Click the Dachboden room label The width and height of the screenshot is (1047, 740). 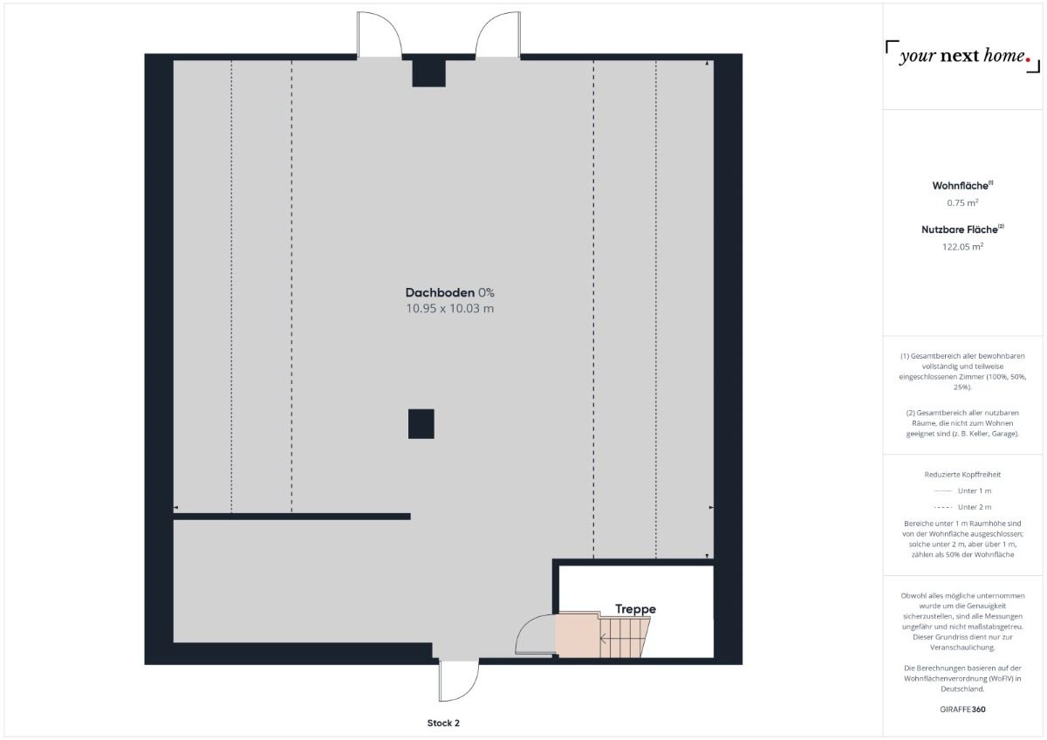coord(440,292)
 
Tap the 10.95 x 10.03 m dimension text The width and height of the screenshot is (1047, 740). coord(450,309)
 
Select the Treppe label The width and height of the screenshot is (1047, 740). coord(635,609)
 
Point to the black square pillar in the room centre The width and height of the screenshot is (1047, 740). coord(421,423)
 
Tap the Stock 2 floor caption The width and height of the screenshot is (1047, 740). coord(443,723)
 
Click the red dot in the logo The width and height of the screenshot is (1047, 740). coord(1029,61)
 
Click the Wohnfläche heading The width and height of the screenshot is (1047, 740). coord(961,186)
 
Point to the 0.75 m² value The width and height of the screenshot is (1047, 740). coord(961,202)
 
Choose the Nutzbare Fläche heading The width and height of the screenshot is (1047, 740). coord(961,230)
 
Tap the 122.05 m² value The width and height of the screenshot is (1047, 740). coord(961,246)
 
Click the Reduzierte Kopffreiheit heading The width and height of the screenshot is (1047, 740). coord(961,475)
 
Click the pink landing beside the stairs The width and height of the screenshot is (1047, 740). coord(576,634)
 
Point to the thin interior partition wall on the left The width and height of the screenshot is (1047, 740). coord(291,517)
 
